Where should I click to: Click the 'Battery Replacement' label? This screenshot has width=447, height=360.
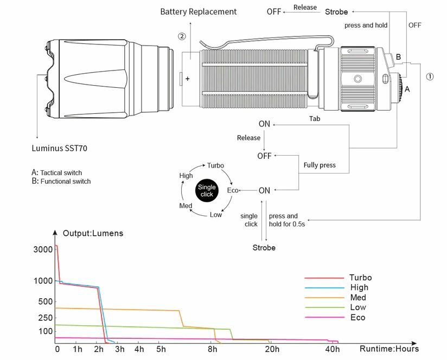click(x=198, y=11)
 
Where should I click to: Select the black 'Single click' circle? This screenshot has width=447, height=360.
click(x=207, y=190)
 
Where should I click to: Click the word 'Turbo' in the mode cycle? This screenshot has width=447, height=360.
click(x=215, y=165)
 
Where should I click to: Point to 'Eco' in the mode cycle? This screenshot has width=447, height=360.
click(x=233, y=190)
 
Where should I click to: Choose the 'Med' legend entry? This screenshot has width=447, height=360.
click(x=358, y=298)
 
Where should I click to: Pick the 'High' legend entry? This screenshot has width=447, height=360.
click(x=359, y=287)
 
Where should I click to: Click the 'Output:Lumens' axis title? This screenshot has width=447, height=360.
click(x=93, y=234)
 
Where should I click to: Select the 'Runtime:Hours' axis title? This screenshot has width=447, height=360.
click(x=389, y=349)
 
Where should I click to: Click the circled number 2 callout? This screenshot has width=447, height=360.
click(x=182, y=36)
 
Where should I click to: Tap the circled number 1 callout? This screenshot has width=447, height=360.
click(x=430, y=76)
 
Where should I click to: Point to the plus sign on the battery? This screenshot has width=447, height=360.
click(x=188, y=79)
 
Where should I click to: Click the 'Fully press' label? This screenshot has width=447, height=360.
click(x=320, y=165)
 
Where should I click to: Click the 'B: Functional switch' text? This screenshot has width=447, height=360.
click(x=61, y=182)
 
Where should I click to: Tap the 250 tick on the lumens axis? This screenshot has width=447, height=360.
click(x=45, y=317)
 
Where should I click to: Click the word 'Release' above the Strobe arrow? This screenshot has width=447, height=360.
click(x=305, y=8)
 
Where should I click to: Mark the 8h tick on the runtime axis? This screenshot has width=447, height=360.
click(x=213, y=349)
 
